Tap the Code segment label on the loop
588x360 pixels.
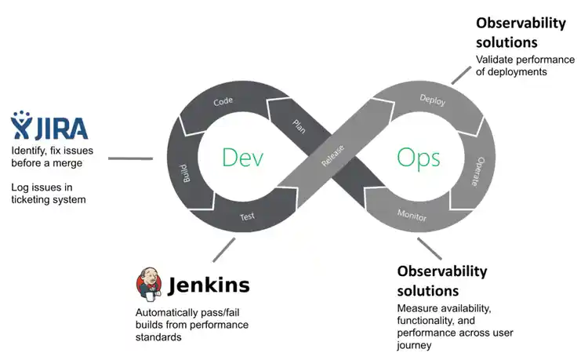click(x=223, y=102)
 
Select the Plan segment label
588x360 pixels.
click(x=299, y=125)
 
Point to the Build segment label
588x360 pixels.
click(x=187, y=172)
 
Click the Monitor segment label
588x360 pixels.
click(x=412, y=214)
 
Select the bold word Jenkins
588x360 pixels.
click(x=209, y=285)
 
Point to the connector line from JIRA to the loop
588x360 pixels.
click(x=130, y=158)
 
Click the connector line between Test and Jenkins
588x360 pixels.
click(x=223, y=250)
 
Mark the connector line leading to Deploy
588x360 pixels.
click(x=462, y=71)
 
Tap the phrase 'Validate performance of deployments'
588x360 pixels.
click(x=511, y=65)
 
